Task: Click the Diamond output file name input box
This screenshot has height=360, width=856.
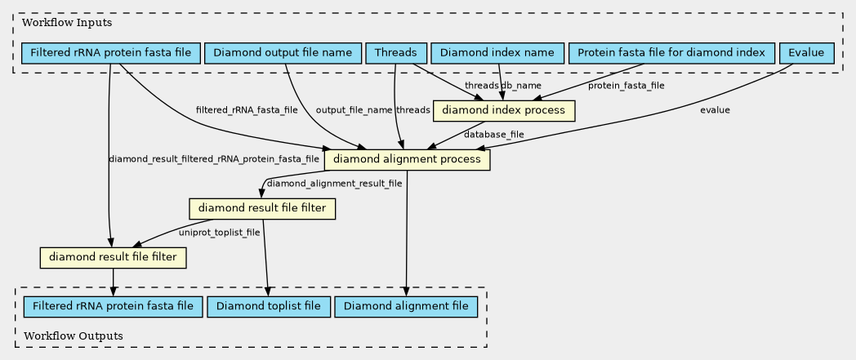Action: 283,53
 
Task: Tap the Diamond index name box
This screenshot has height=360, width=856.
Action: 497,53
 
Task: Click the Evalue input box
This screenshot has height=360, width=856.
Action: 807,53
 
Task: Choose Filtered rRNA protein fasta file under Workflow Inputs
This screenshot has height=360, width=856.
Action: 111,53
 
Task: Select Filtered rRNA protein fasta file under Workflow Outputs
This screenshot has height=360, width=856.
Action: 113,306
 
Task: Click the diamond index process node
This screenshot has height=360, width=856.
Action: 503,111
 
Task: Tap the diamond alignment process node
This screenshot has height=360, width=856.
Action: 407,159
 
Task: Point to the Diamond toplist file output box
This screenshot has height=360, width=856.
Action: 269,306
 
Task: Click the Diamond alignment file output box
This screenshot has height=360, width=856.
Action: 406,306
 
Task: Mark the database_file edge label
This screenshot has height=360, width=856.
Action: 494,134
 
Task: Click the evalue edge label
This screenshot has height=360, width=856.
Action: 716,110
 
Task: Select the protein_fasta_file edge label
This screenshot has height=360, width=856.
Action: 626,86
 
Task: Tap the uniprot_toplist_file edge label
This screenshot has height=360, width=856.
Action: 220,233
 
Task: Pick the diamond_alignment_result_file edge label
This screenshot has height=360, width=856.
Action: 334,184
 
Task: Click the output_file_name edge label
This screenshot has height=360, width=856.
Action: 354,110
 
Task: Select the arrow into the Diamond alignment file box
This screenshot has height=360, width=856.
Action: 407,233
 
